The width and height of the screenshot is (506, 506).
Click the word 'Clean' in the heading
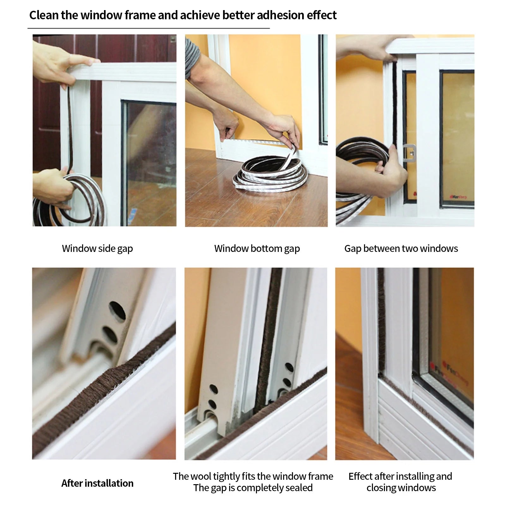44,15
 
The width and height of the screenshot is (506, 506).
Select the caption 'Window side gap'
97,248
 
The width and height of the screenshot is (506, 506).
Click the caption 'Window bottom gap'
257,248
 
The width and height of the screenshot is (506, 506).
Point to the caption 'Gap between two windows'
401,248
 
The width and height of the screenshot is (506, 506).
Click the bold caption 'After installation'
97,483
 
